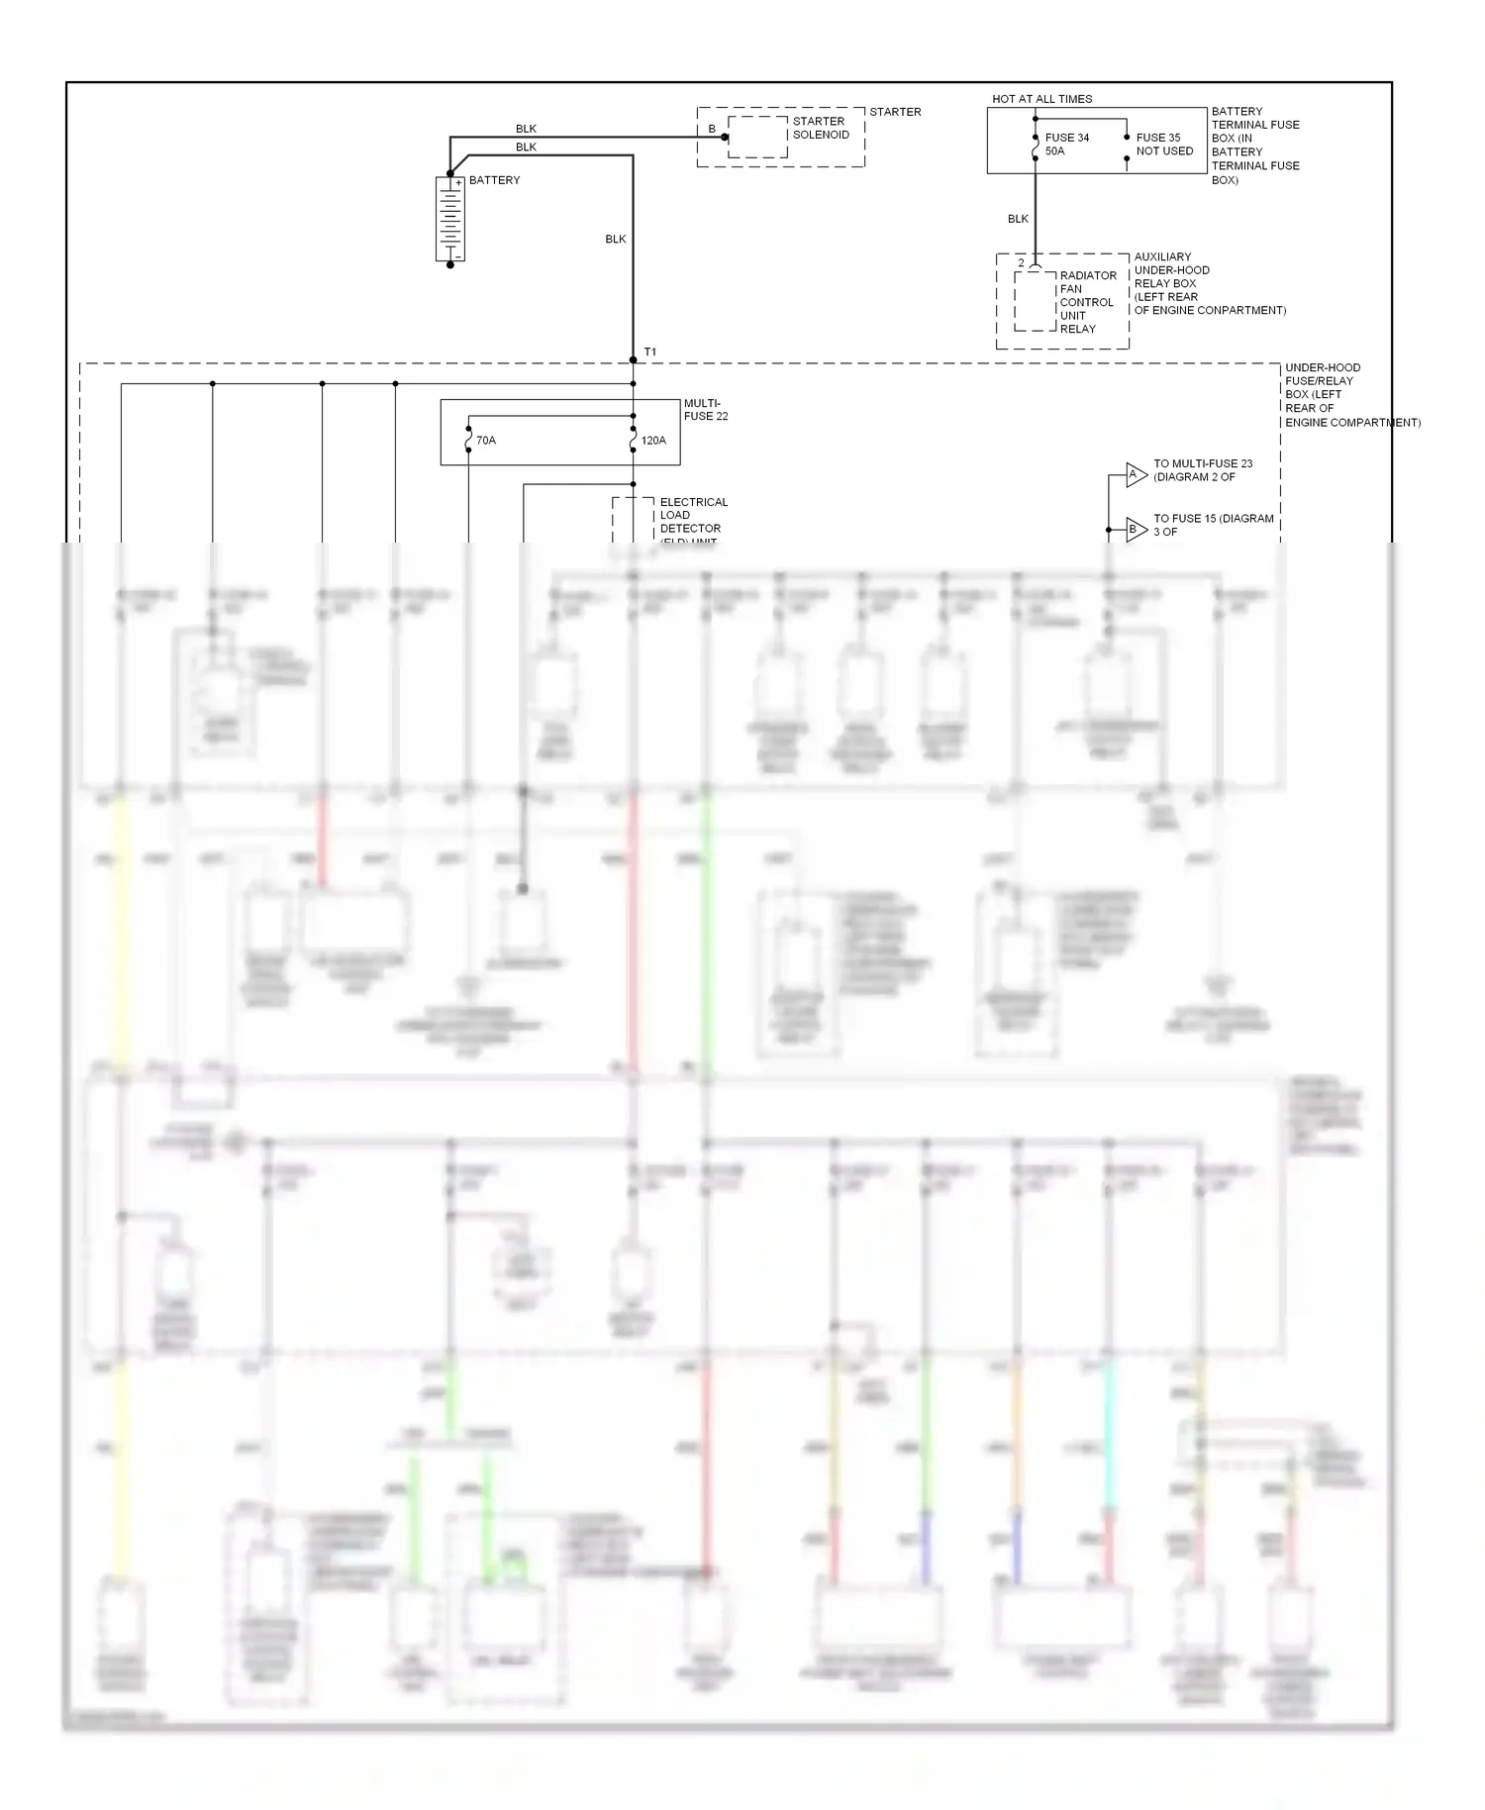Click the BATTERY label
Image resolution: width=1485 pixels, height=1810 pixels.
[x=494, y=180]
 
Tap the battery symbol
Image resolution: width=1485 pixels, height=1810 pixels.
[x=450, y=219]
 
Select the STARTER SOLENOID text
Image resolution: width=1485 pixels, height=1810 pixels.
[x=821, y=128]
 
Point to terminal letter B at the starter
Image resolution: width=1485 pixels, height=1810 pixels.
[x=712, y=130]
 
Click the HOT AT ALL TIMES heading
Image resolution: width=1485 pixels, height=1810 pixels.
[x=1041, y=99]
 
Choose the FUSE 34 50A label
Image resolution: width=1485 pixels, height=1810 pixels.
[x=1066, y=145]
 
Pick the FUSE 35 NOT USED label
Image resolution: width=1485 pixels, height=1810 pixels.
[x=1164, y=145]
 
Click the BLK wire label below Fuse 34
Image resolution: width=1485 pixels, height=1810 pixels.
[x=1018, y=219]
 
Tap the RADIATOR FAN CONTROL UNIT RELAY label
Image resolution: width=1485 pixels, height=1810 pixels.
[x=1087, y=302]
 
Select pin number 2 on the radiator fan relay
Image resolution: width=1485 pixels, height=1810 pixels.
[x=1022, y=263]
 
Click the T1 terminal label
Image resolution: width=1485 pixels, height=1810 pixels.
[x=650, y=352]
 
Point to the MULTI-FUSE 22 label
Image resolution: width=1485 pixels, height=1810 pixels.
[x=706, y=410]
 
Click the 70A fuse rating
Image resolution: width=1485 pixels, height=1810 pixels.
[x=486, y=441]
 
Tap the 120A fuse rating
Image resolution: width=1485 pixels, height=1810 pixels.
[x=653, y=441]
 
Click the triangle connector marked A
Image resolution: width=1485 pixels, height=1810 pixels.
[x=1135, y=475]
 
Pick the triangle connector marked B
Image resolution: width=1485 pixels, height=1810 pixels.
[x=1135, y=530]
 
